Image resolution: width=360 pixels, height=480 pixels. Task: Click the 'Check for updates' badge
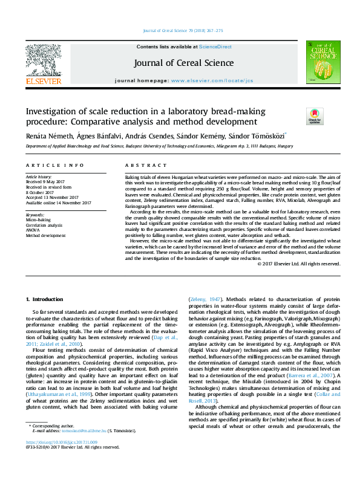click(x=315, y=115)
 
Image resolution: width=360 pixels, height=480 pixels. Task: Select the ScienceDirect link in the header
click(x=216, y=47)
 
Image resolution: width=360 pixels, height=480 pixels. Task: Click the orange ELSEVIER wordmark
click(x=43, y=80)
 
